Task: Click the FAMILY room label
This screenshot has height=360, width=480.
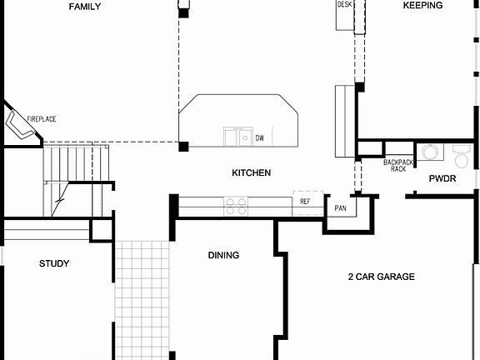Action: [x=85, y=7]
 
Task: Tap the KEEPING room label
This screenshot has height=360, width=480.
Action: [x=422, y=6]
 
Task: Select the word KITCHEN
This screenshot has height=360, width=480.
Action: [x=251, y=172]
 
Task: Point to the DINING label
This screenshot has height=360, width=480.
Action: [x=223, y=256]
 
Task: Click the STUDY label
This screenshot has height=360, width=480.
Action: [x=54, y=264]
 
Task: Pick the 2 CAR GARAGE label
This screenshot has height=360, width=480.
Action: [x=381, y=277]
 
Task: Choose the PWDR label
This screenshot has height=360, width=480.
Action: [x=442, y=179]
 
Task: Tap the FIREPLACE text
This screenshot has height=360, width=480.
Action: [x=42, y=120]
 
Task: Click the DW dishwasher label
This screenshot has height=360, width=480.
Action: [x=260, y=138]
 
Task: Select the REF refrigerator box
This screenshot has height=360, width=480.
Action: [x=306, y=202]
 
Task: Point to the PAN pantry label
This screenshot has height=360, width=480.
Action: [x=340, y=207]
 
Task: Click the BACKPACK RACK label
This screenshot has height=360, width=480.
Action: [x=398, y=165]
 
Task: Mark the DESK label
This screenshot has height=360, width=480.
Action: [x=344, y=5]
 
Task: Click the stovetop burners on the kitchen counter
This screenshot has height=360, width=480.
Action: [x=235, y=202]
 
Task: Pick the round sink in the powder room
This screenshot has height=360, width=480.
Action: [x=430, y=152]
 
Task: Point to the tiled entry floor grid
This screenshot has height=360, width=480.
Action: [x=142, y=300]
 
